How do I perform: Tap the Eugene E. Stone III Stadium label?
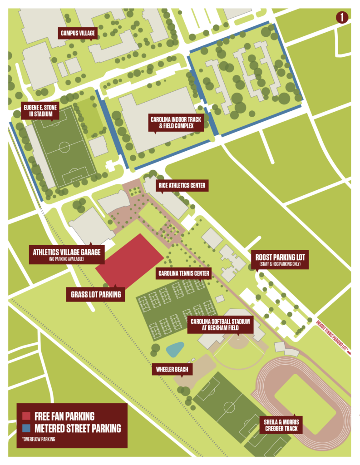(x=41, y=110)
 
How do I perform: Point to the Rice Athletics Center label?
(x=182, y=185)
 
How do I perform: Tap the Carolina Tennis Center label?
(x=183, y=273)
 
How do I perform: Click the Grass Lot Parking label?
(x=96, y=294)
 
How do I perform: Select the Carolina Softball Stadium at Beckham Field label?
(x=220, y=325)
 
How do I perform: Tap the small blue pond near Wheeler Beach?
(x=175, y=349)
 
